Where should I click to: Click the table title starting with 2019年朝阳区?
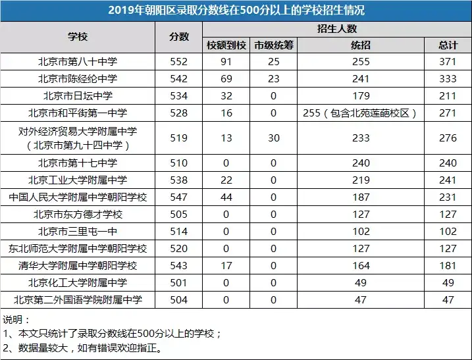[236, 11]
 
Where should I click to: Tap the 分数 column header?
[179, 38]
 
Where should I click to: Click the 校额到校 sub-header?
[226, 45]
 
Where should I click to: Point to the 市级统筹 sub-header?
[273, 45]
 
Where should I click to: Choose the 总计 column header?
[448, 45]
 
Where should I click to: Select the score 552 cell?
[179, 61]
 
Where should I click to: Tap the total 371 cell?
[448, 61]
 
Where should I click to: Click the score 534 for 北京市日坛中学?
[179, 95]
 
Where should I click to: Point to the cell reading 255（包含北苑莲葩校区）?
[360, 113]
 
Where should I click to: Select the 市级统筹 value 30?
[273, 138]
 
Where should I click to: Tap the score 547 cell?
[179, 197]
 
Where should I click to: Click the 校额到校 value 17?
[226, 266]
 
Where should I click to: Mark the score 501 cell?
[179, 283]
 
